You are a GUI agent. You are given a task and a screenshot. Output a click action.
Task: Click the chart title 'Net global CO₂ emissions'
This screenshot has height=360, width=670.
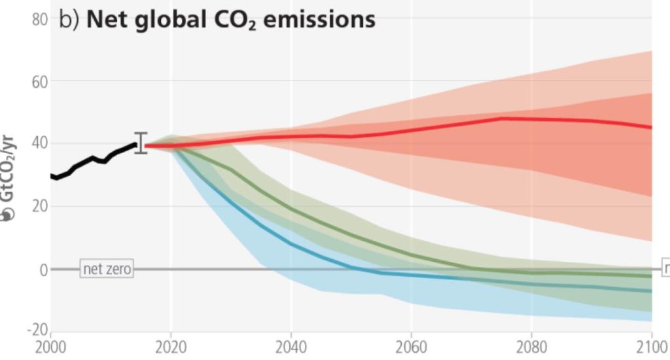pyautogui.click(x=231, y=20)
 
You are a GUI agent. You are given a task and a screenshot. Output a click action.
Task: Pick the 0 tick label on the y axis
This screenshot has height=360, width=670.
pyautogui.click(x=43, y=269)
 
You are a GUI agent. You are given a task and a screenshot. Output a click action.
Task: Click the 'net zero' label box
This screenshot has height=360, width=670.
pyautogui.click(x=107, y=269)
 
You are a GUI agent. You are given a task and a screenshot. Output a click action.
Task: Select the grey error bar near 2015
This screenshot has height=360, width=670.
pyautogui.click(x=141, y=143)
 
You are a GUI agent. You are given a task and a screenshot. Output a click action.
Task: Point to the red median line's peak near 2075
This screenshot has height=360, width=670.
pyautogui.click(x=501, y=118)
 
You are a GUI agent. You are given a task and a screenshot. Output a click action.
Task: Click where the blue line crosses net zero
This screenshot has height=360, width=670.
pyautogui.click(x=354, y=268)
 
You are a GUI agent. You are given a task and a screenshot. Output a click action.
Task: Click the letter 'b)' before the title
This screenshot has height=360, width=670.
pyautogui.click(x=69, y=20)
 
